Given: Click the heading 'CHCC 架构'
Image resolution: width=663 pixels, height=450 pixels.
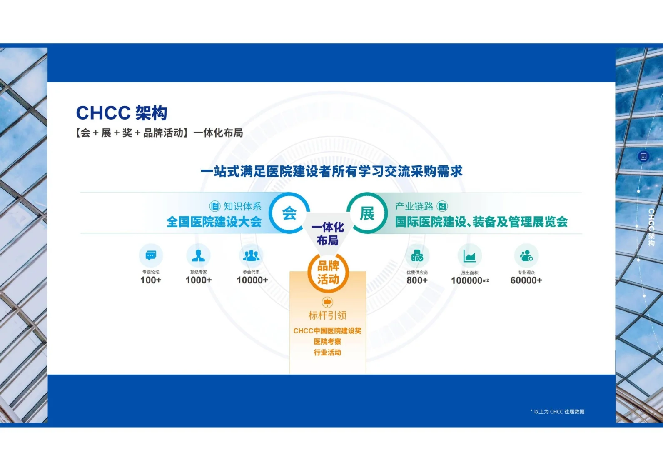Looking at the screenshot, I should [x=122, y=113].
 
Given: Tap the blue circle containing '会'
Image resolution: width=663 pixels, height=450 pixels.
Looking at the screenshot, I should [x=289, y=213].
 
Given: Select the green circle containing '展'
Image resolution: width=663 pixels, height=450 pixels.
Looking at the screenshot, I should [x=367, y=213].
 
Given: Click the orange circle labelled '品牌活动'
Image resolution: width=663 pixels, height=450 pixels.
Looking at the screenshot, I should [x=328, y=272].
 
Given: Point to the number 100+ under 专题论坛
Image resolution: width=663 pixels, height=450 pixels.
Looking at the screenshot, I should [x=151, y=280].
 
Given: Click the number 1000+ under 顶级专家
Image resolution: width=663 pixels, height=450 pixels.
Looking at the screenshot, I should [x=199, y=280].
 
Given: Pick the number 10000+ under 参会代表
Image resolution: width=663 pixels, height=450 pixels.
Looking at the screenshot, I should [x=252, y=280].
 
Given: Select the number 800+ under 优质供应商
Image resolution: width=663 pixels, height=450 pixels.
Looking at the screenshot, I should [x=417, y=280].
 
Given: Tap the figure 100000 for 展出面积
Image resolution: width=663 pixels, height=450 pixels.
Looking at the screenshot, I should [x=467, y=280].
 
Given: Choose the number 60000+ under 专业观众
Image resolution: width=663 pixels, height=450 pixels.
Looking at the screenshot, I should [x=526, y=280].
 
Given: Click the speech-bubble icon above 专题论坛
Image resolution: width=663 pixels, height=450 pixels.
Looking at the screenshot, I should [x=151, y=255].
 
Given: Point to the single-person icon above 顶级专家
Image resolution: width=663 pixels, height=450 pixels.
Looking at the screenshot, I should [x=198, y=255].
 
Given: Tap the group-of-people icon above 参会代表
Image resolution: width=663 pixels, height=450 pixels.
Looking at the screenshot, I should [x=251, y=255].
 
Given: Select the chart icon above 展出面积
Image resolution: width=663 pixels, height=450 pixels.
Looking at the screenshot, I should [x=470, y=256].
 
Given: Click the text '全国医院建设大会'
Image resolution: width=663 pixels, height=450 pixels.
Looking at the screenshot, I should [x=214, y=222].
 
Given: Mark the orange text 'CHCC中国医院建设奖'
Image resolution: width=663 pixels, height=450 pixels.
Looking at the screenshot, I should [x=327, y=331].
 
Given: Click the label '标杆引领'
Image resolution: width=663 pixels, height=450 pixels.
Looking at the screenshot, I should [x=327, y=315].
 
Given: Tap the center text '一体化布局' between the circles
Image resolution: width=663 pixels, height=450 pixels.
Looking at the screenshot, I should [x=328, y=234].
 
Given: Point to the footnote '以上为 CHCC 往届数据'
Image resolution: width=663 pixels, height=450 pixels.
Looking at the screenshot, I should [x=559, y=412].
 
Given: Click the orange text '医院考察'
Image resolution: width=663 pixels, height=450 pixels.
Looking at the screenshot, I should [x=327, y=342].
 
